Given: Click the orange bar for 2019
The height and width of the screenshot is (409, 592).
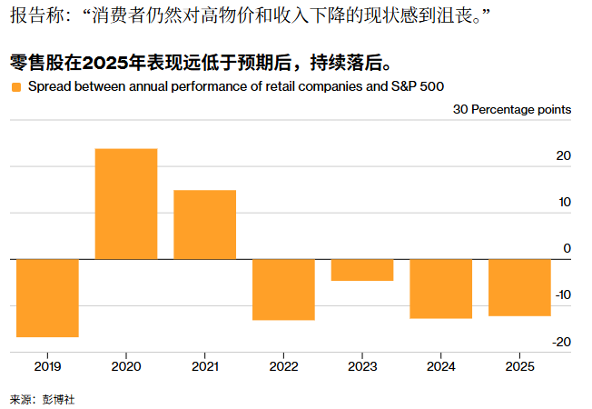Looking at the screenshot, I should click(x=47, y=298).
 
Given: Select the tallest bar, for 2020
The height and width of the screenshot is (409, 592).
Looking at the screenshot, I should click(x=126, y=204).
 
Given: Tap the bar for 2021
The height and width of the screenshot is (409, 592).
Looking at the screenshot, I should click(x=204, y=224).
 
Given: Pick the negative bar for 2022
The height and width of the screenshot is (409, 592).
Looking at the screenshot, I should click(x=283, y=289).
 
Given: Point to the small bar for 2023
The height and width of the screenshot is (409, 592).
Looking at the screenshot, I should click(x=362, y=270).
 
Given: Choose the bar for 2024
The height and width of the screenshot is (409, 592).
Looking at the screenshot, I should click(x=441, y=288).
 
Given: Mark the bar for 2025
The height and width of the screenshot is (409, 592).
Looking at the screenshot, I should click(x=519, y=287).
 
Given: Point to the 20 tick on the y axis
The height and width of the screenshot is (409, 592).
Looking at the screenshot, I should click(x=563, y=156).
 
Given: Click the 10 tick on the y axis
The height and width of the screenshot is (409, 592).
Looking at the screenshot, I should click(x=563, y=202).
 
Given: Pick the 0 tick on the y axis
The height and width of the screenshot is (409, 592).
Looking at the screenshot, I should click(x=567, y=248).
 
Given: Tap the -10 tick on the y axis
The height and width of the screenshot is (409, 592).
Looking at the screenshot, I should click(x=561, y=294).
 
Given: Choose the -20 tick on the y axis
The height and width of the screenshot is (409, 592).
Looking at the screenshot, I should click(x=561, y=342).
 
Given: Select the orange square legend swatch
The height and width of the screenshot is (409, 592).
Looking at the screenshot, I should click(x=15, y=87).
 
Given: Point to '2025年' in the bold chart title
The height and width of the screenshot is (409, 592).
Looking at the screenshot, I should click(x=110, y=64).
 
